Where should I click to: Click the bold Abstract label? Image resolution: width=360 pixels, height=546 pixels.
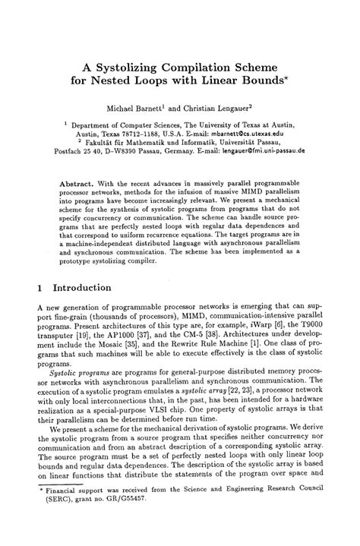(78, 184)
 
